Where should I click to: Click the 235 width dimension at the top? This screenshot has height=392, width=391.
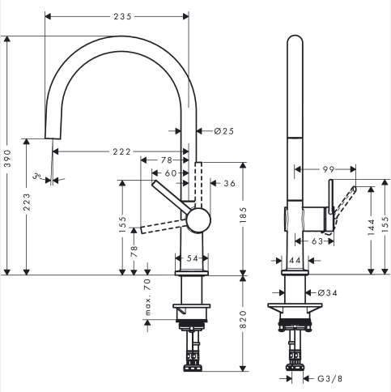pos(122,17)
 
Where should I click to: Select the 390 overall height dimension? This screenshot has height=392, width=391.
pos(8,158)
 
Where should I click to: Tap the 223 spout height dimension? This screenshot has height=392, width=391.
pos(27,202)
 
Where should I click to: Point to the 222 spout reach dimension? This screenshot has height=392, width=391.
pos(121,151)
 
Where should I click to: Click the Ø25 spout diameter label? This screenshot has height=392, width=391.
pos(224,131)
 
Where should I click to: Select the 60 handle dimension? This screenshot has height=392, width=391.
pos(171,173)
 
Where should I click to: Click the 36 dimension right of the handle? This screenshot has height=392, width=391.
pos(230,183)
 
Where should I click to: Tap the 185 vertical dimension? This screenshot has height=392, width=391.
pos(243,215)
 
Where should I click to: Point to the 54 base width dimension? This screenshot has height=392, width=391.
pos(193,258)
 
